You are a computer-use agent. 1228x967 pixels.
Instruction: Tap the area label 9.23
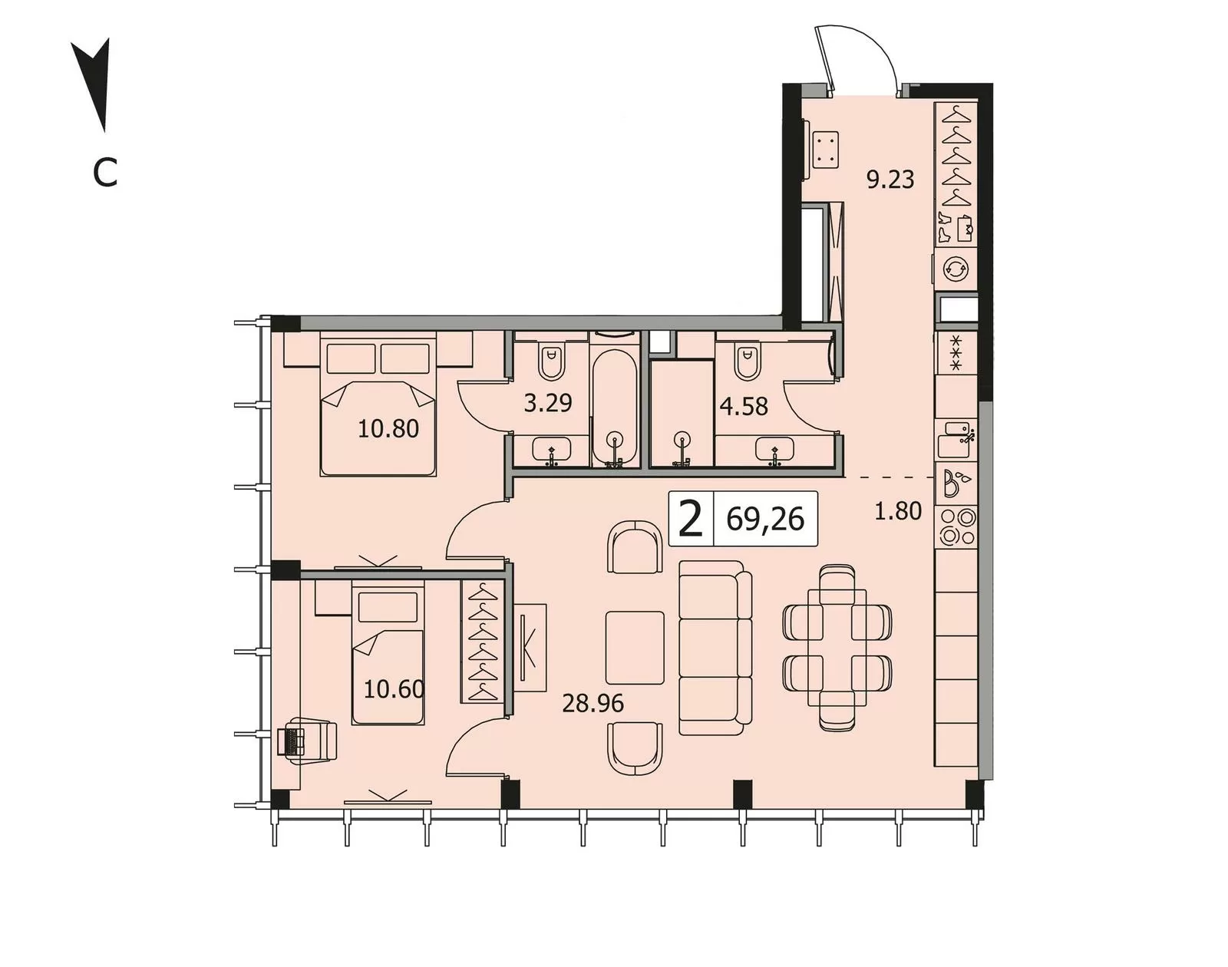[x=890, y=180]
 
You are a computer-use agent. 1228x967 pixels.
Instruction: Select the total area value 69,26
[x=765, y=520]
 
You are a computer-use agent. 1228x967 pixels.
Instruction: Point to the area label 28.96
[x=593, y=704]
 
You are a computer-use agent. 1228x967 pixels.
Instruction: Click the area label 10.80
[x=388, y=428]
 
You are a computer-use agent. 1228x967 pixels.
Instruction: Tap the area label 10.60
[x=394, y=690]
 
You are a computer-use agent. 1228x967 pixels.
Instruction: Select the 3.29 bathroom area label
[x=548, y=403]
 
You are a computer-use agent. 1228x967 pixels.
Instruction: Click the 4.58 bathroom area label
[x=744, y=407]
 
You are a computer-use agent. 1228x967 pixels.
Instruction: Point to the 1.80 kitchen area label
[x=898, y=511]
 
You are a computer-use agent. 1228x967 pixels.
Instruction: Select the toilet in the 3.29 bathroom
[x=551, y=361]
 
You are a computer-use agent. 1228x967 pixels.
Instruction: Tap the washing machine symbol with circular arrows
[x=956, y=269]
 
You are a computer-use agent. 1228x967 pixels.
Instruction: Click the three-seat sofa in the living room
[x=715, y=647]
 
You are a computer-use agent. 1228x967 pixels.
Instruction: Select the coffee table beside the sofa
[x=635, y=647]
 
